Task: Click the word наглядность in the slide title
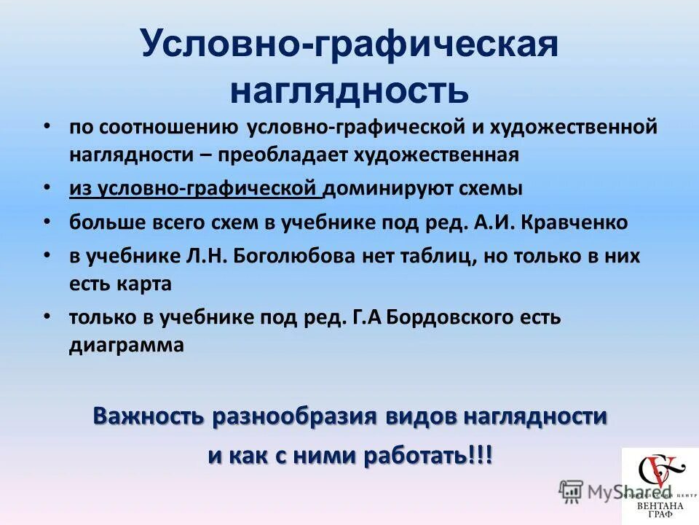[349, 90]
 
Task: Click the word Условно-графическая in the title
[349, 45]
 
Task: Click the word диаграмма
[127, 345]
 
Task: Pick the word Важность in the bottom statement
[149, 417]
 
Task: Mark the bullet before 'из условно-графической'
[47, 186]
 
